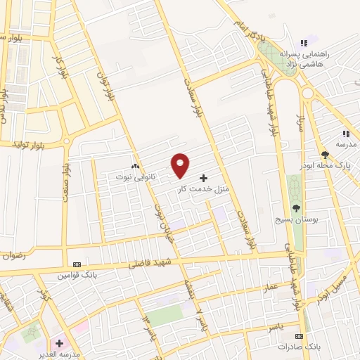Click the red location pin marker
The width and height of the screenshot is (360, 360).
coord(180,165)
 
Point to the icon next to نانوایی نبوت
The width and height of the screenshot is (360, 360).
coord(134,166)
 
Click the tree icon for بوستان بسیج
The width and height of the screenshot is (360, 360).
coord(296,207)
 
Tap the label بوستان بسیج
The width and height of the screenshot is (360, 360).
coord(296,219)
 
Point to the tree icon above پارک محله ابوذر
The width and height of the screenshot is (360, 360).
coord(325,155)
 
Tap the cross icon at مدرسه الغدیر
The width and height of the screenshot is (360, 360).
coord(60,344)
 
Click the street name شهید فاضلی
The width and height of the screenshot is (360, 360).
coord(145,264)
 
